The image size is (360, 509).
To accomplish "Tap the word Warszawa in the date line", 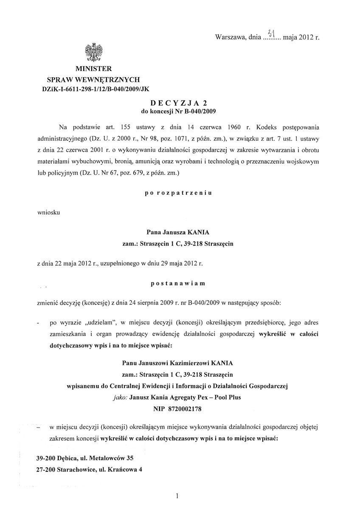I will tap(231, 37).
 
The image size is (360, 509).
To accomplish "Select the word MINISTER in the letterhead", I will tap(94, 69).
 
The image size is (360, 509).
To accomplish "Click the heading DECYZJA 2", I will tap(180, 102).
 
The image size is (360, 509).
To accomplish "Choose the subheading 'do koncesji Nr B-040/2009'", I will tap(180, 112).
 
